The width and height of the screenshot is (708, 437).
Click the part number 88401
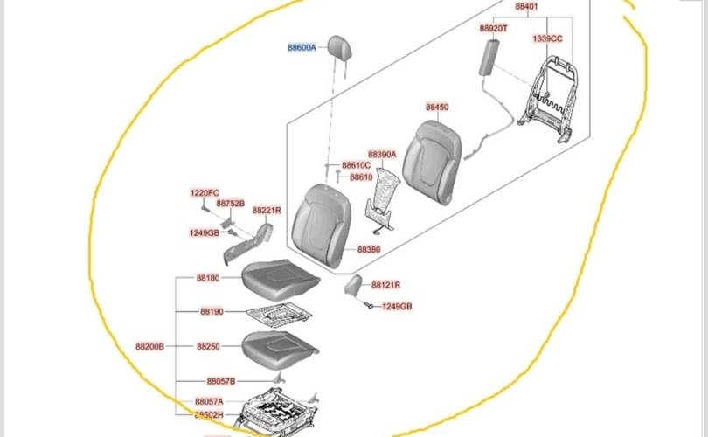pos(526,7)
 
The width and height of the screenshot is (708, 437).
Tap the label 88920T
pos(494,28)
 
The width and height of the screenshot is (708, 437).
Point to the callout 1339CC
pos(547,39)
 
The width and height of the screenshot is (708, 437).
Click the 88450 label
pos(437,108)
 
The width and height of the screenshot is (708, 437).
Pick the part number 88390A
pos(382,154)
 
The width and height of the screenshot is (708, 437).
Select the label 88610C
pos(356,165)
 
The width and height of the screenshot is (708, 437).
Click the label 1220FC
pos(205,193)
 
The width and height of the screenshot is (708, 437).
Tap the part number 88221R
pos(267,211)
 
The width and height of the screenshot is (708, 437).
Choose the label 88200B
pos(149,346)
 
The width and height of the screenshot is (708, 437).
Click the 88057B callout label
pos(221,382)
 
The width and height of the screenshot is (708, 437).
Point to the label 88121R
pos(385,285)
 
